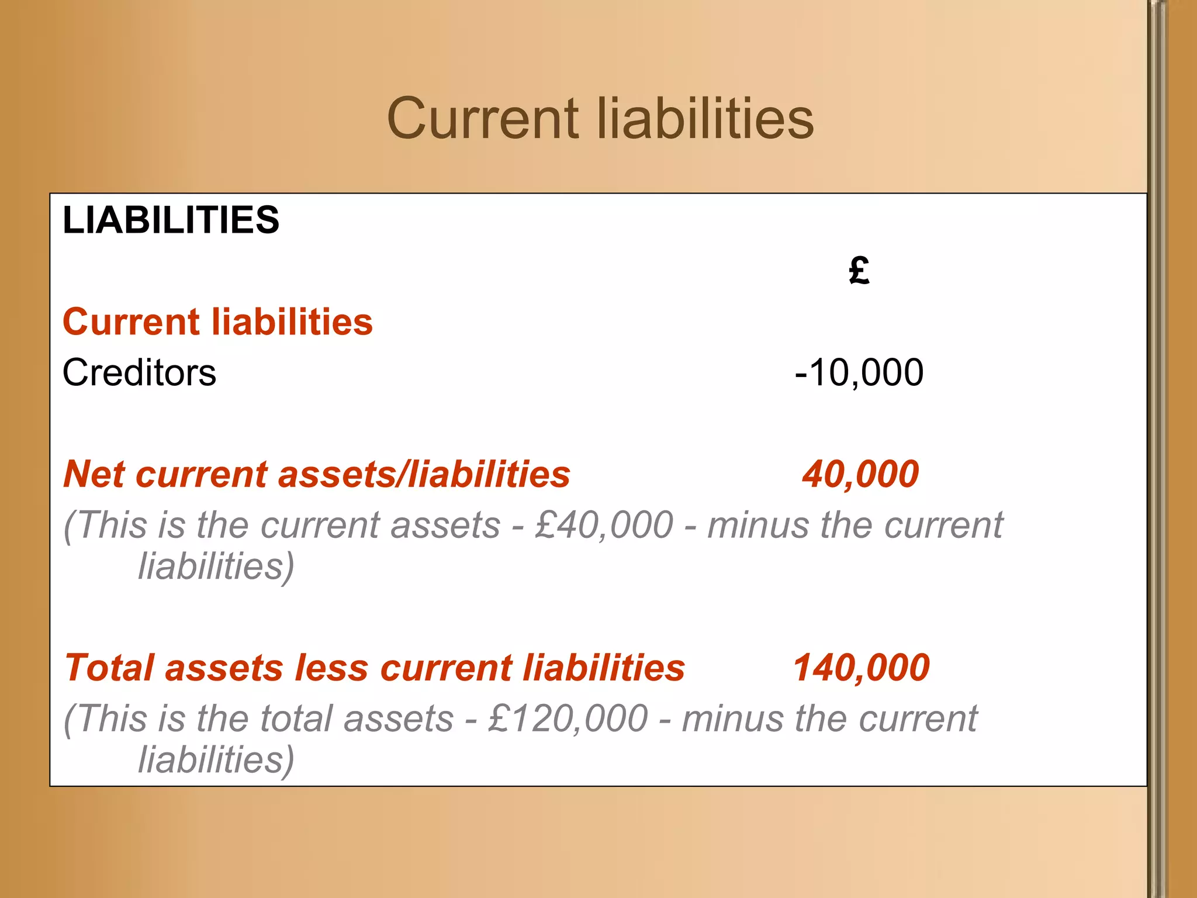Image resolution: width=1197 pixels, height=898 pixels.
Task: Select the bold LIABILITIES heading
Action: tap(171, 220)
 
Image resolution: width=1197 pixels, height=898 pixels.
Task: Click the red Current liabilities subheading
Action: tap(217, 322)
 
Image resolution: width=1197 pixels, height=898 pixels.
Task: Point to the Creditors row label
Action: tap(139, 372)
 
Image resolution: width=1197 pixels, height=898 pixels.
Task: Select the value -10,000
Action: tap(859, 372)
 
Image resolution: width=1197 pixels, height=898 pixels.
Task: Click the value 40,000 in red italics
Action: tap(860, 474)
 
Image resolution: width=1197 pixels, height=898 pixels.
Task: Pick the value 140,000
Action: tap(861, 668)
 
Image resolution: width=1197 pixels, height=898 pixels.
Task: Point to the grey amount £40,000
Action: tap(604, 524)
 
